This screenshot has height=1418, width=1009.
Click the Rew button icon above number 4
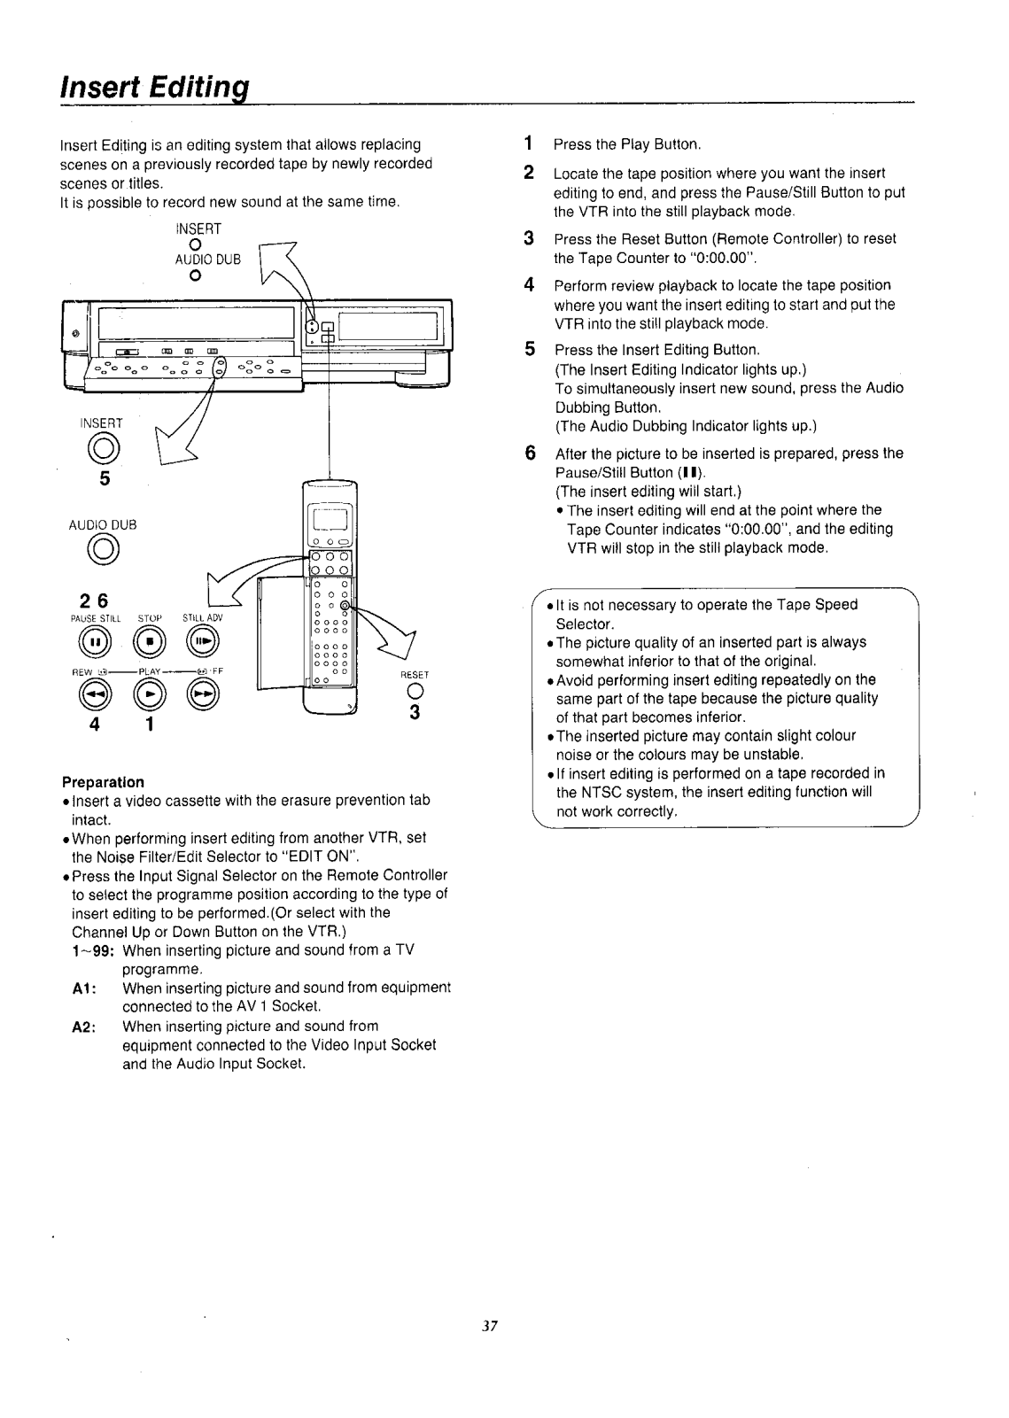pyautogui.click(x=92, y=696)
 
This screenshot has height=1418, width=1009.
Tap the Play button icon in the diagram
pyautogui.click(x=149, y=696)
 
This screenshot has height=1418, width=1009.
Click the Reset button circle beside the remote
pyautogui.click(x=414, y=693)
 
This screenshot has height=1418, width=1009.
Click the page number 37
pyautogui.click(x=492, y=1327)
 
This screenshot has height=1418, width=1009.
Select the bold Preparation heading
pyautogui.click(x=103, y=782)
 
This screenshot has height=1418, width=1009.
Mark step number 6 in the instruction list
pyautogui.click(x=529, y=453)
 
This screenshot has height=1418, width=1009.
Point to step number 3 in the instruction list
pyautogui.click(x=529, y=238)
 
